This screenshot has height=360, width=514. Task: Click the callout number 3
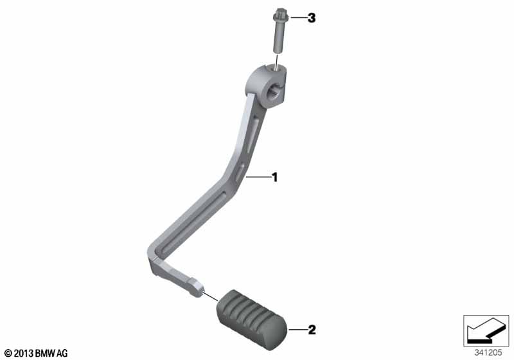tap(312, 18)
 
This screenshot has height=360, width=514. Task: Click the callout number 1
tap(275, 177)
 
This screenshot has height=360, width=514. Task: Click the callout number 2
tap(312, 330)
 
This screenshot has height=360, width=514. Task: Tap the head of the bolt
tap(278, 14)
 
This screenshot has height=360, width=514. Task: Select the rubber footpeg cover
tap(252, 319)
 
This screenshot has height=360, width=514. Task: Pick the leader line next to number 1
tap(258, 177)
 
